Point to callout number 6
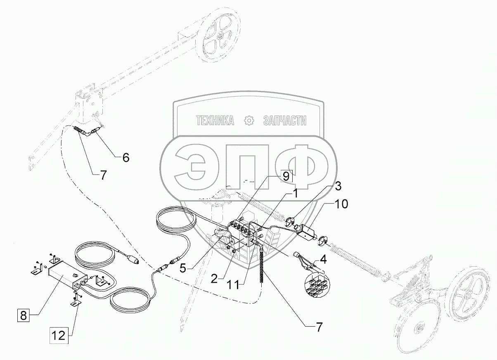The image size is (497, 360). coord(126,157)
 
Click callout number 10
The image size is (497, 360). coord(341,204)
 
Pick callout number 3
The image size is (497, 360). coord(338,186)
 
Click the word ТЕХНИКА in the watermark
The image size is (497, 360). coord(215,121)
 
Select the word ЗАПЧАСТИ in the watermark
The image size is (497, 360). coord(285,121)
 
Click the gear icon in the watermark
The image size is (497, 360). coord(249,121)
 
